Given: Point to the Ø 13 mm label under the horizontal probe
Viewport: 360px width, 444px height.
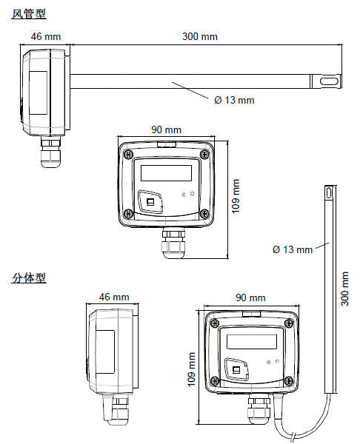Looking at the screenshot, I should pyautogui.click(x=233, y=100).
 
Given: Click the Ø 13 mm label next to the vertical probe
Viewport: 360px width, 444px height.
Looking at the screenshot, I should pyautogui.click(x=293, y=249).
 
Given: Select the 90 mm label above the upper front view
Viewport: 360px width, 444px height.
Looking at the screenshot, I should pyautogui.click(x=167, y=129).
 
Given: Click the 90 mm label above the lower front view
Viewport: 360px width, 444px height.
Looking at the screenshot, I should pyautogui.click(x=250, y=297).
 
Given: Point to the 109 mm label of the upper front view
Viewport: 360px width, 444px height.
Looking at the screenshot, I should pyautogui.click(x=236, y=195).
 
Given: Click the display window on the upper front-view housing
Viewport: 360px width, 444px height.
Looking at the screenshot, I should pyautogui.click(x=167, y=174).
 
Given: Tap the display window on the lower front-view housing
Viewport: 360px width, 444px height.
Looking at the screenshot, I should pyautogui.click(x=251, y=341).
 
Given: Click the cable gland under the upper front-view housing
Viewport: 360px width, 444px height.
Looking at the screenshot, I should pyautogui.click(x=172, y=243).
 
